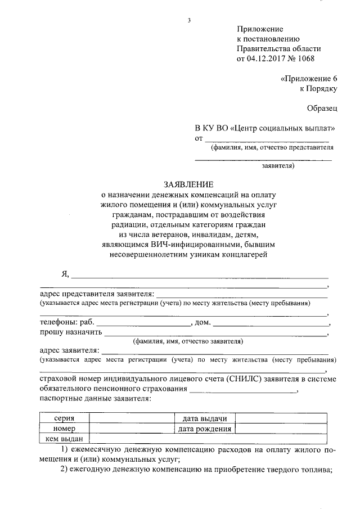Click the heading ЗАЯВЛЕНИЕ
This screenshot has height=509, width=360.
188,184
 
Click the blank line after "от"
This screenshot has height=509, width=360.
266,139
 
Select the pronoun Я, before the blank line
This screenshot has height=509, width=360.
65,274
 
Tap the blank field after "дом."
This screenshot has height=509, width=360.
271,323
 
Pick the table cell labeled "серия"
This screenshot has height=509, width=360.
64,418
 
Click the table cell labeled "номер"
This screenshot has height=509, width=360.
64,429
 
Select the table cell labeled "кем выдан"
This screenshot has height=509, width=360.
64,439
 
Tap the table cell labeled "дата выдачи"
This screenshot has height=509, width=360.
204,418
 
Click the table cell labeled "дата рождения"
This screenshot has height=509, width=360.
204,429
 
